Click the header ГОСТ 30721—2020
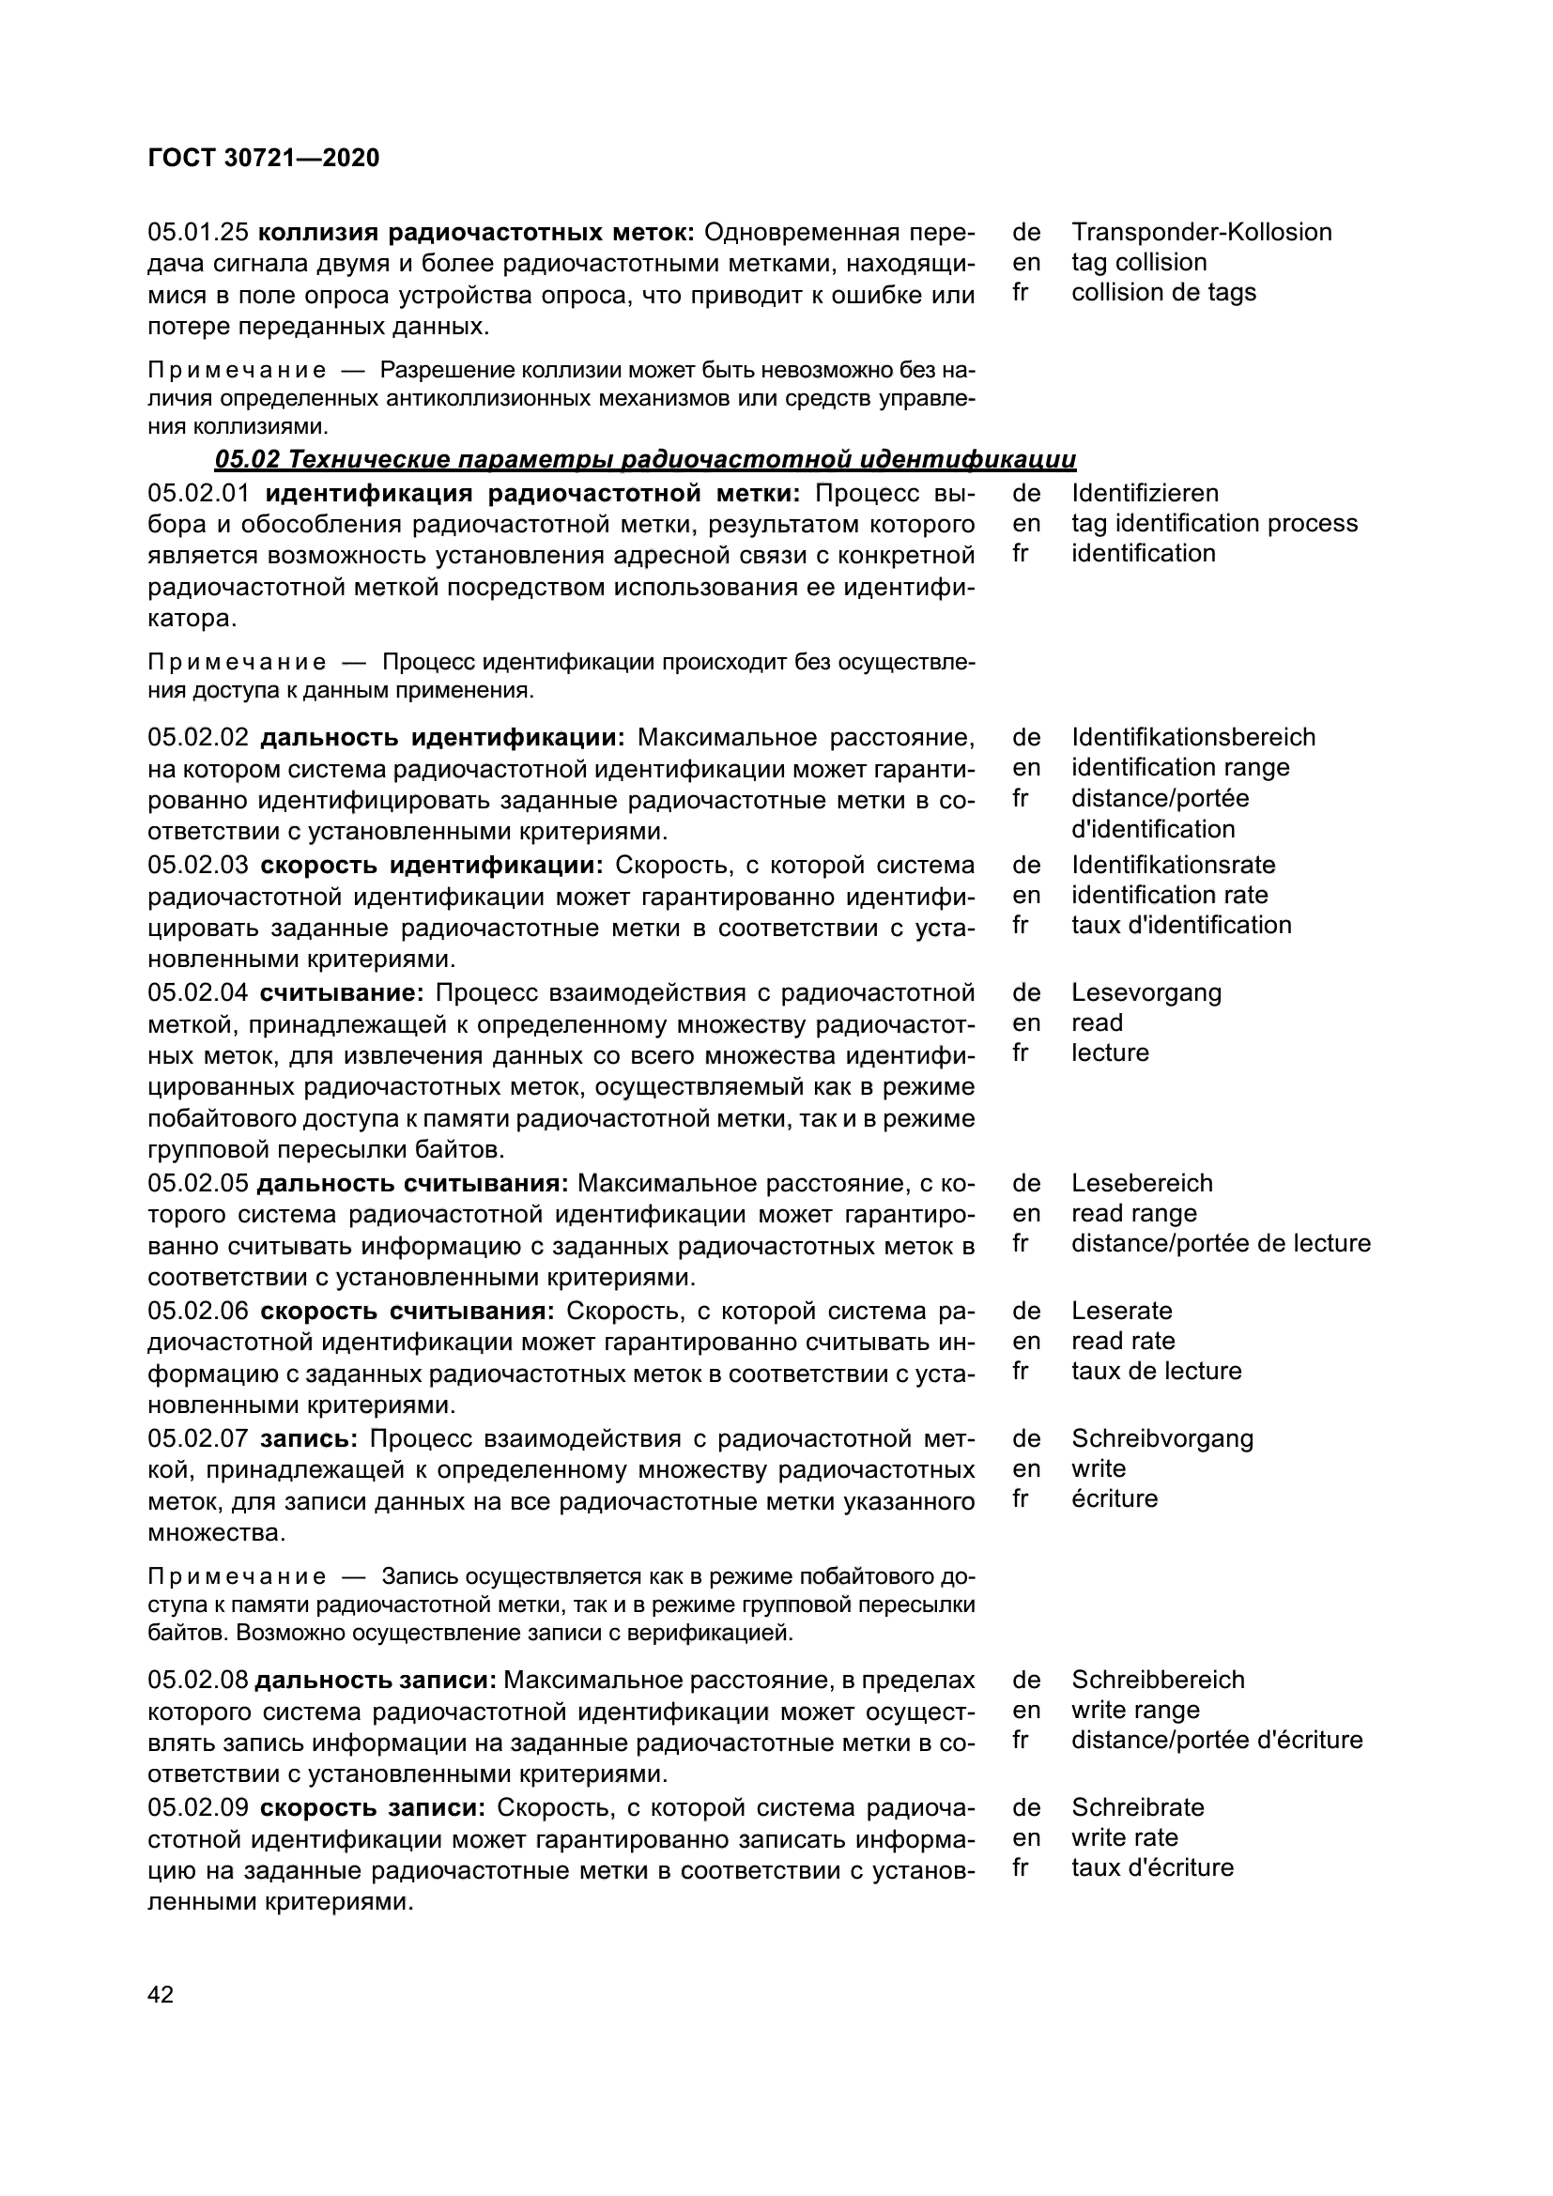tap(264, 158)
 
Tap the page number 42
tap(161, 1994)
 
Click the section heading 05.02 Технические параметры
tap(644, 460)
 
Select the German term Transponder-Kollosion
tap(1201, 233)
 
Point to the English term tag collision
tap(1139, 262)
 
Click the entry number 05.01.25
tap(198, 233)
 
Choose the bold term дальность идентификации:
tap(442, 738)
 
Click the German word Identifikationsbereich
tap(1193, 737)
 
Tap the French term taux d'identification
tap(1181, 925)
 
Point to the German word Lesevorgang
tap(1146, 992)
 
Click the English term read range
tap(1134, 1214)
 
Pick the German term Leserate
tap(1122, 1312)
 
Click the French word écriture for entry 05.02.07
tap(1115, 1498)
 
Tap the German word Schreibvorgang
tap(1161, 1438)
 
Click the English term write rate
tap(1125, 1837)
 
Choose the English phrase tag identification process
tap(1214, 523)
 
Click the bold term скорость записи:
tap(373, 1807)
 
